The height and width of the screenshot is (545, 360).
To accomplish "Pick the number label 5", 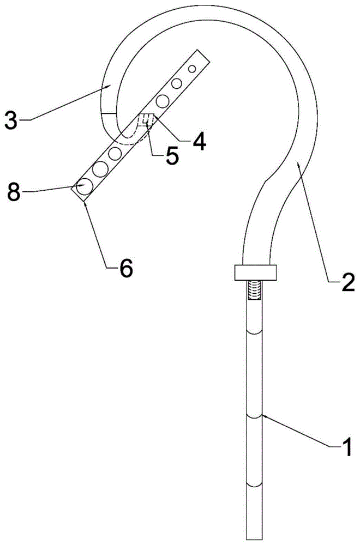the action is click(x=172, y=156).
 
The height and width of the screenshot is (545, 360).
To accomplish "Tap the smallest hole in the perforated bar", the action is click(x=192, y=69).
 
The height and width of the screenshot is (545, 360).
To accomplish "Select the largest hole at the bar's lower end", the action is click(x=85, y=186).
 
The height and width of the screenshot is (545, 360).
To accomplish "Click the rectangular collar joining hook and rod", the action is click(x=255, y=272).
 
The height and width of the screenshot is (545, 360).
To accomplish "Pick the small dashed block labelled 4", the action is click(x=146, y=120).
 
